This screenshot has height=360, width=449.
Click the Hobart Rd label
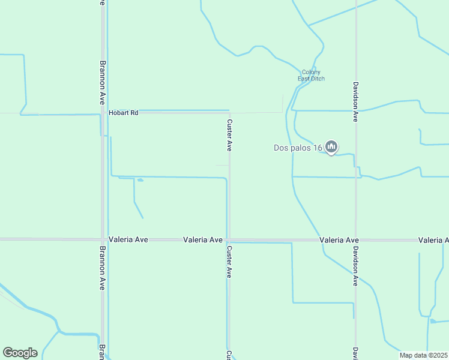[x=123, y=112]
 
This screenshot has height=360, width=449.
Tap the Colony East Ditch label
[x=311, y=75]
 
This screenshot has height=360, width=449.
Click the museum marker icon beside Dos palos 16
[x=331, y=146]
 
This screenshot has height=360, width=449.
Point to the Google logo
[x=20, y=352]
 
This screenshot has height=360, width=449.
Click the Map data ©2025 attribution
[x=423, y=355]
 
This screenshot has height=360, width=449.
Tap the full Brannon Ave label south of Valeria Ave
[x=103, y=268]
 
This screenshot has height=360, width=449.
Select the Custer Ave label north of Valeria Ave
[x=229, y=134]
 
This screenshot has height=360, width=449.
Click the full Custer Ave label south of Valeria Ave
[x=229, y=261]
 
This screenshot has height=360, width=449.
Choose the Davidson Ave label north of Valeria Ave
[x=355, y=102]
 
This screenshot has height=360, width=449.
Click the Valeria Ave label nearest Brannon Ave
[x=128, y=239]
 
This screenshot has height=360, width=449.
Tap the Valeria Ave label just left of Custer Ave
[x=203, y=239]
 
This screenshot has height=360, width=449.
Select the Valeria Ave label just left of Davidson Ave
[x=339, y=239]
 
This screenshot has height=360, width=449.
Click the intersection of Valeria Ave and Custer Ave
[x=229, y=239]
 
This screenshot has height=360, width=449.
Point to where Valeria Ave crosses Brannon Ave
[x=103, y=239]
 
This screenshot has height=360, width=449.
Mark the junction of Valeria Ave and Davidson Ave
[x=356, y=239]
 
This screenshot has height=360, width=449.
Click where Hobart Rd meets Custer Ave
[x=229, y=112]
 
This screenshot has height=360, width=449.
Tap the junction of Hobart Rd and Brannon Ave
[x=103, y=112]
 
